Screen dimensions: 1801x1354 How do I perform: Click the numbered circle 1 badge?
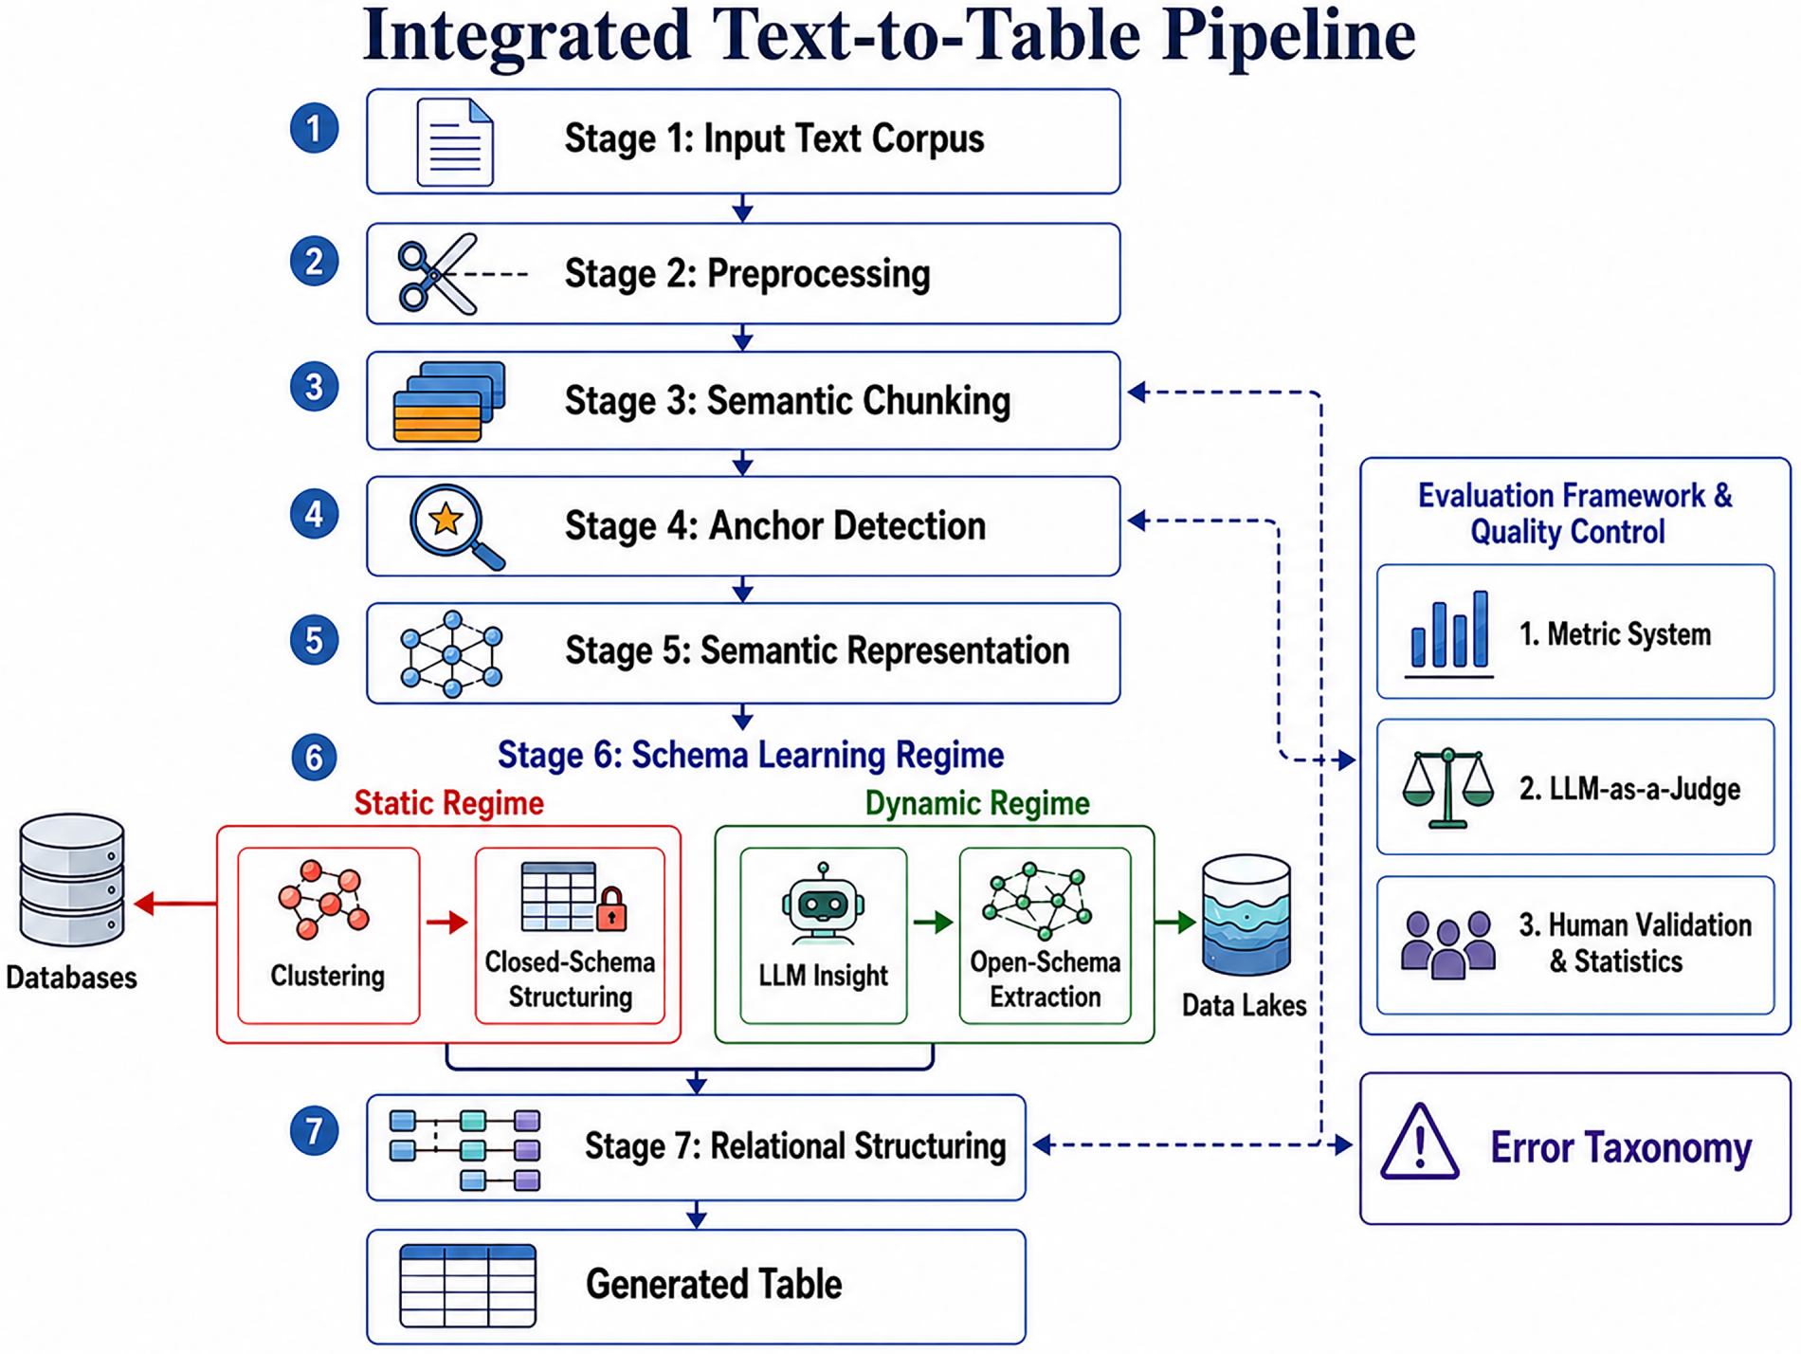tap(315, 129)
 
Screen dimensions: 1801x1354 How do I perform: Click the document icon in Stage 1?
tap(455, 142)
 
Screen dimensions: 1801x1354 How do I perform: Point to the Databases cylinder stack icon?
tap(72, 880)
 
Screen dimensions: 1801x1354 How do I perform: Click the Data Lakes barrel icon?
tap(1246, 916)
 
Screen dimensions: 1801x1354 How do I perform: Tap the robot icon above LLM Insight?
tap(823, 904)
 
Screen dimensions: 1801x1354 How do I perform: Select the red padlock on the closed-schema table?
tap(611, 908)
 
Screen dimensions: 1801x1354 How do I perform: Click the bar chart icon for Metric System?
tap(1449, 632)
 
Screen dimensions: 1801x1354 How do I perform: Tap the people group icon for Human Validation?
tap(1448, 944)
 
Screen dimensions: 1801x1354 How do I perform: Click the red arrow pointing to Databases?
tap(175, 904)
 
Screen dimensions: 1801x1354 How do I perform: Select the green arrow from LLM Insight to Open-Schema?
tap(933, 922)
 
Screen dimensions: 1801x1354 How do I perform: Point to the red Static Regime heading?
tap(449, 803)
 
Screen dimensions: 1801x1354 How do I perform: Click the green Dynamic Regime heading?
tap(977, 803)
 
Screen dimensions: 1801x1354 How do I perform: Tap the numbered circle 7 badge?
tap(315, 1131)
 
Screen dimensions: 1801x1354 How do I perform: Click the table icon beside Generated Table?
tap(467, 1286)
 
